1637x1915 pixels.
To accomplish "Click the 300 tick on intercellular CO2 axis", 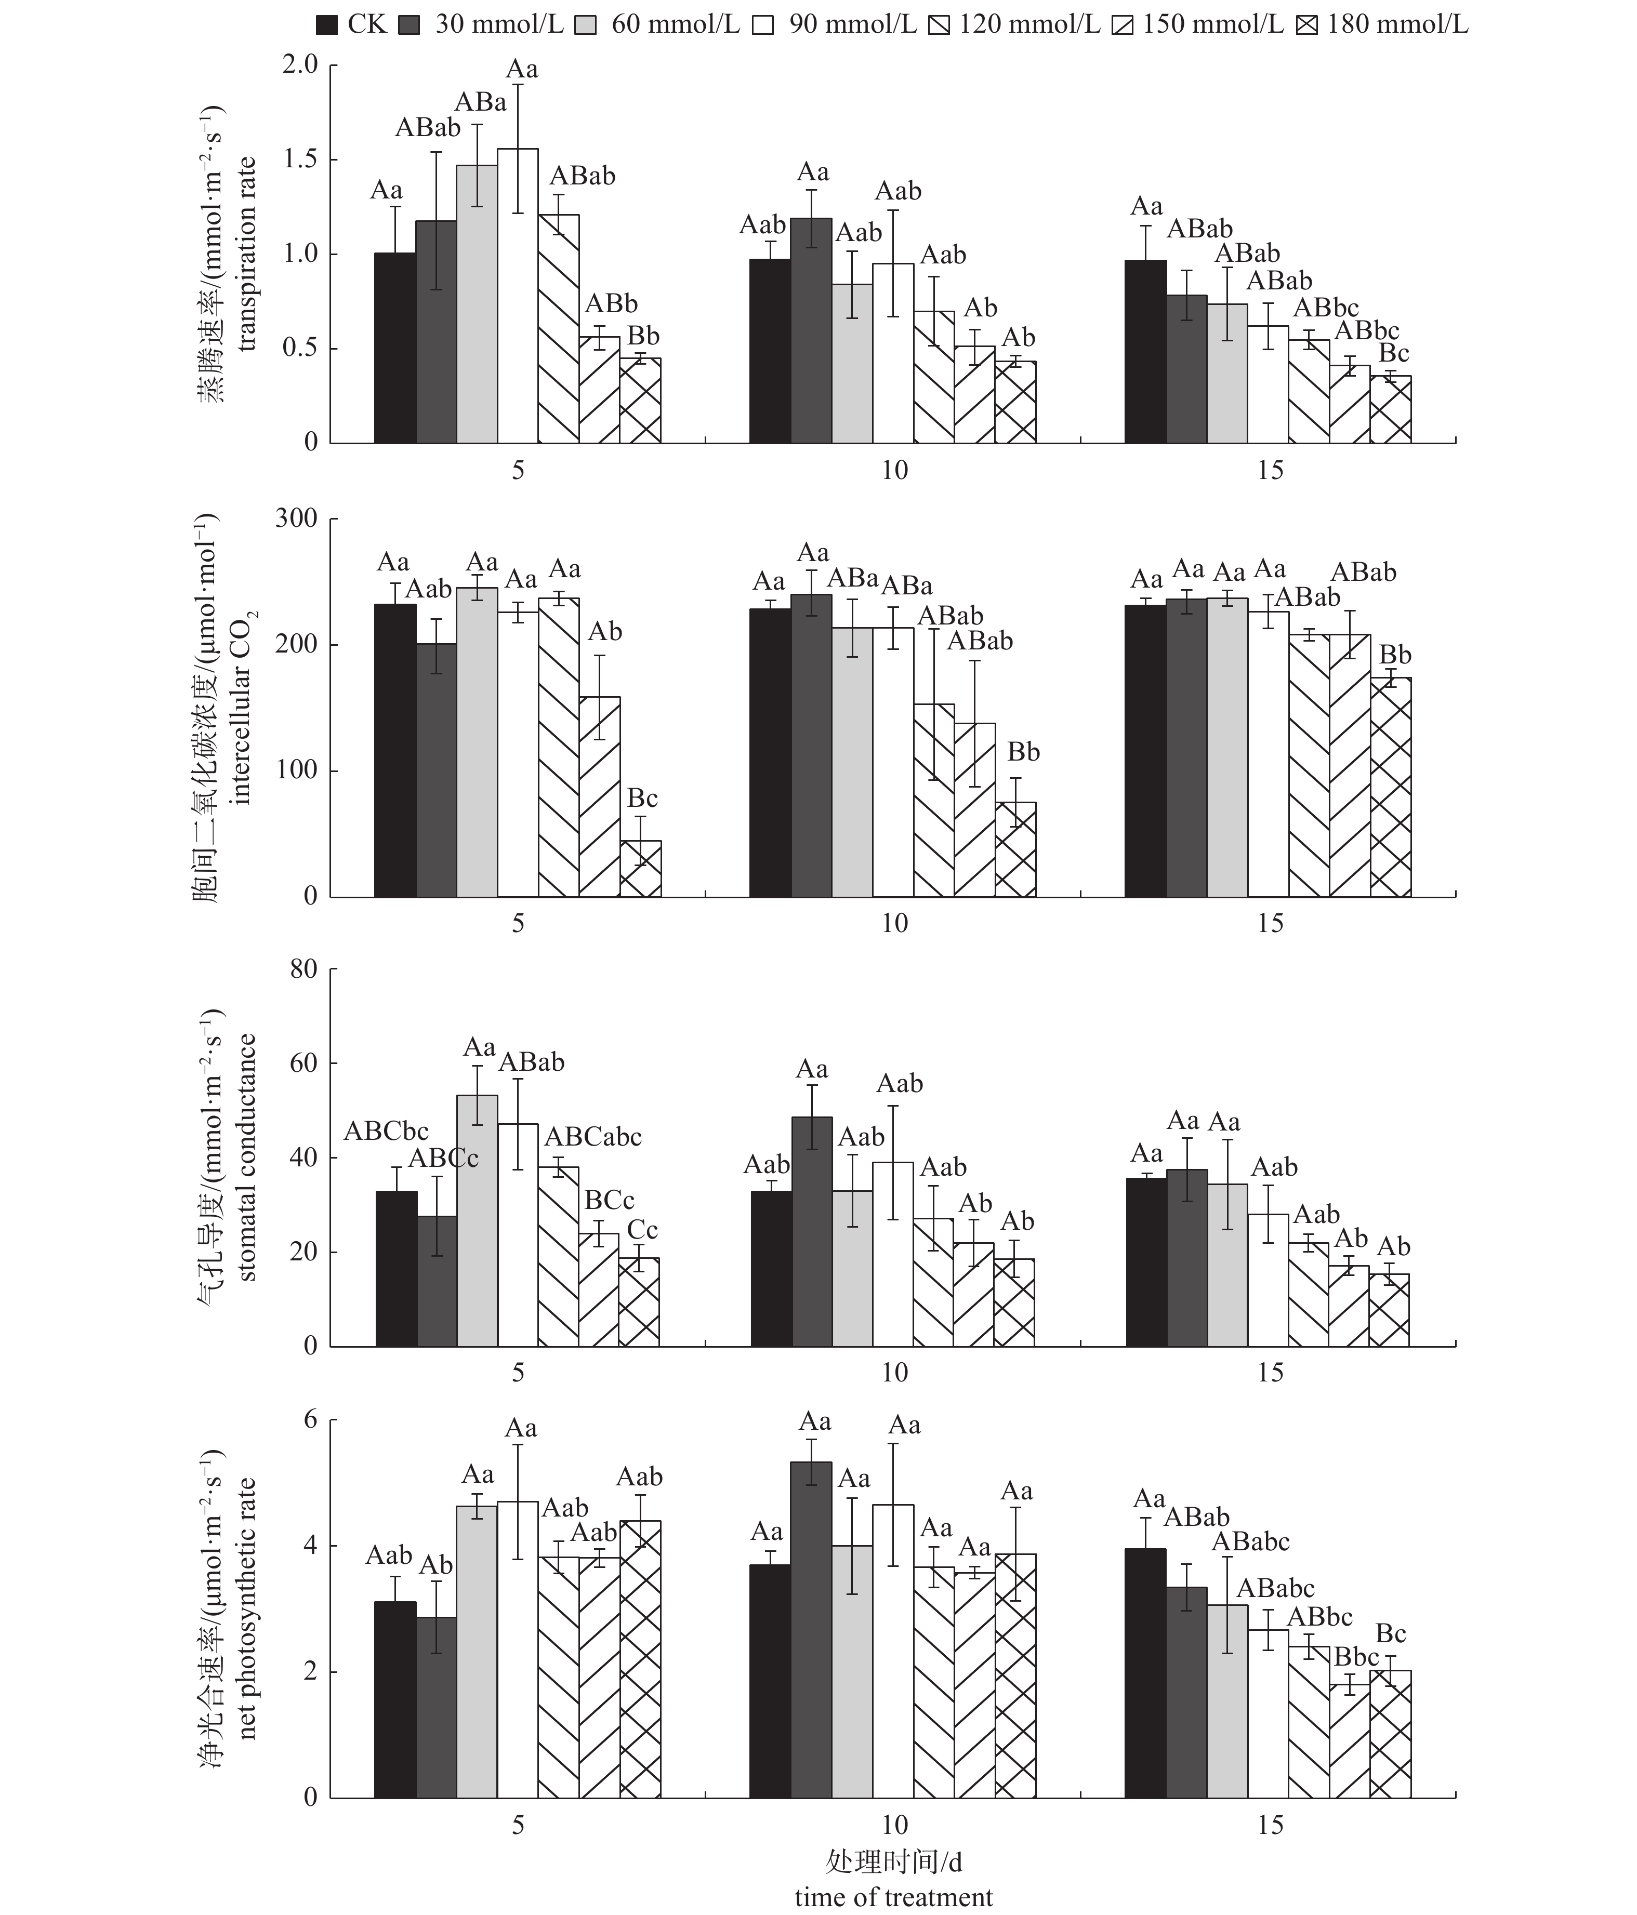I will tap(296, 518).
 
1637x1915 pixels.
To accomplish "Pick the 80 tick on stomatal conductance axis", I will tap(303, 968).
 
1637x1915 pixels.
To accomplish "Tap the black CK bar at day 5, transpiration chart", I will tap(394, 348).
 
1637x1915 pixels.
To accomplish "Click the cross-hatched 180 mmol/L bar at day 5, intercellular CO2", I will tap(641, 869).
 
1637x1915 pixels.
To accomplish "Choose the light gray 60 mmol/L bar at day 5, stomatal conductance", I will tap(477, 1220).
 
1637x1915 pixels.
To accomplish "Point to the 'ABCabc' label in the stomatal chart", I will tap(592, 1136).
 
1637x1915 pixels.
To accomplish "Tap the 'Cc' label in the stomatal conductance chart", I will tap(642, 1230).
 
